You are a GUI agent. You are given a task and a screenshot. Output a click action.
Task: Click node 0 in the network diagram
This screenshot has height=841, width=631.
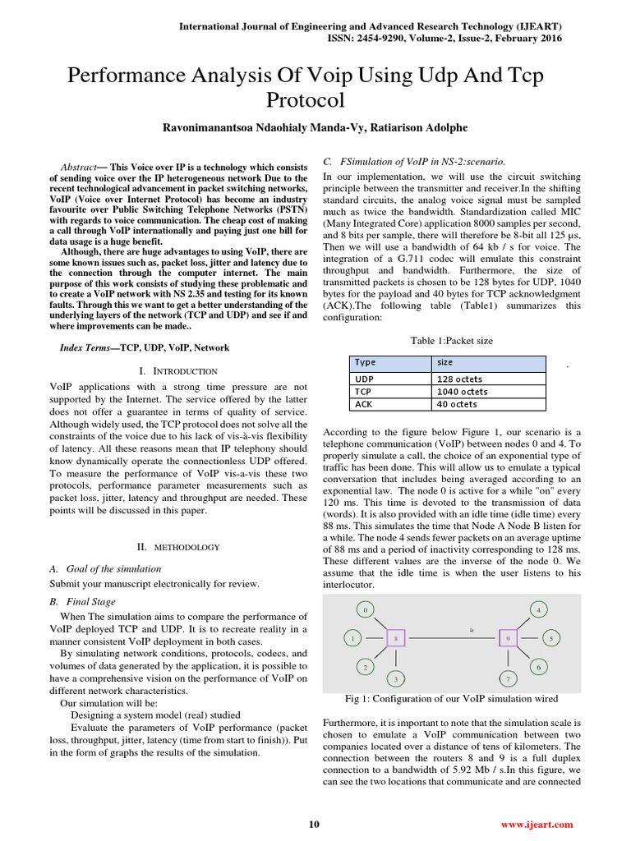366,610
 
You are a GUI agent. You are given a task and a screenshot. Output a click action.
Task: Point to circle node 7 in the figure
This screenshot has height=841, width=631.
508,679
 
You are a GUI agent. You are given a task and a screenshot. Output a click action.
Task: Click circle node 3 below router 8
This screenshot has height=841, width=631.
396,679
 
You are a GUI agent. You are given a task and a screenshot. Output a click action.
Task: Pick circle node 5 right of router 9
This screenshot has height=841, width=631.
552,637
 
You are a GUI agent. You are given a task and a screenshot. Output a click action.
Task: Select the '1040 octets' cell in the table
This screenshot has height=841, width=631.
462,392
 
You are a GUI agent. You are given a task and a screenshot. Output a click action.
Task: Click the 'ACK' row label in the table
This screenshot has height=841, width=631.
363,404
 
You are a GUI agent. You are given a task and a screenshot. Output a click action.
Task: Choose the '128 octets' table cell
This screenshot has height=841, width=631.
459,379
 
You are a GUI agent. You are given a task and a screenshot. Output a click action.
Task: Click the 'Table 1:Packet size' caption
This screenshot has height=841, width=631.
451,341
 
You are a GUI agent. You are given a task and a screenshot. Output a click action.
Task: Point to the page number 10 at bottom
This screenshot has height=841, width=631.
313,824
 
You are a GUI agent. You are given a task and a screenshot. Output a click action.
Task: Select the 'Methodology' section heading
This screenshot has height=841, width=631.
178,546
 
